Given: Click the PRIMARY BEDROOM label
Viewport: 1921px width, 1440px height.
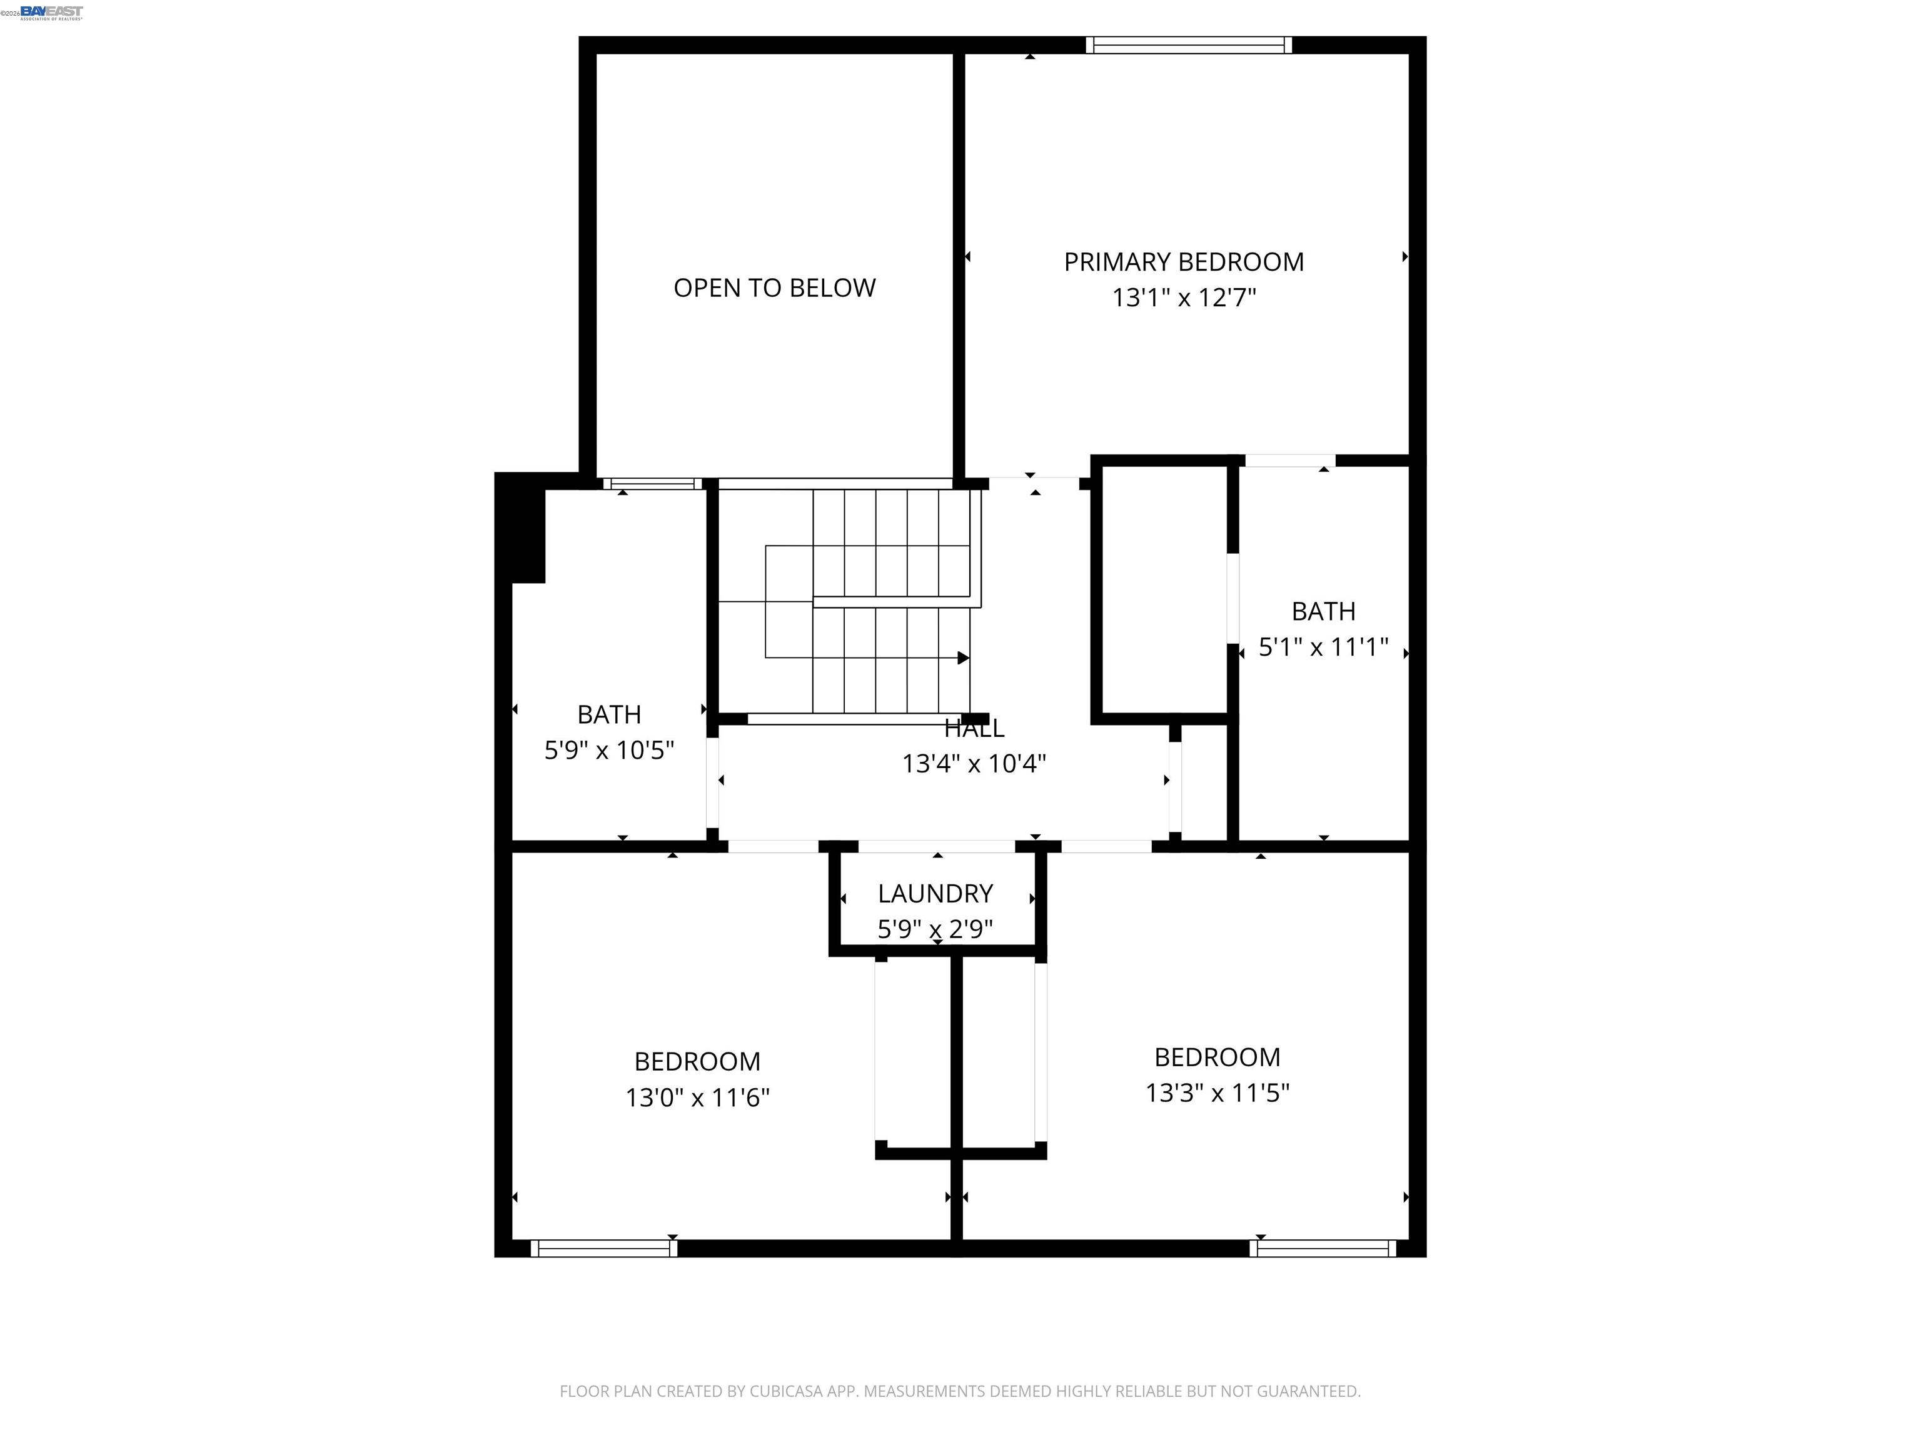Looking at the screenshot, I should [x=1184, y=261].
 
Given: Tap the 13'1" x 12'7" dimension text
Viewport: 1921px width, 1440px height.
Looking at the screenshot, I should [x=1184, y=297].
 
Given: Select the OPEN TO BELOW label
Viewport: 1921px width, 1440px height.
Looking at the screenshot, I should [x=775, y=287].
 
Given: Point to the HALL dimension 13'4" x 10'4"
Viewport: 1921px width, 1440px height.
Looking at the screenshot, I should [x=974, y=764].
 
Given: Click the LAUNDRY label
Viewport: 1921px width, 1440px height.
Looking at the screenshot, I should [x=935, y=893].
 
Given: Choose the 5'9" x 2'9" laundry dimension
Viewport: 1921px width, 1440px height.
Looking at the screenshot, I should [x=935, y=929].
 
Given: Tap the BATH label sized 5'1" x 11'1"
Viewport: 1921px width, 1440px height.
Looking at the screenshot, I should [x=1323, y=611].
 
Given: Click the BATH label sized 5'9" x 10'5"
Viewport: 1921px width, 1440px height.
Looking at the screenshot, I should [x=609, y=714].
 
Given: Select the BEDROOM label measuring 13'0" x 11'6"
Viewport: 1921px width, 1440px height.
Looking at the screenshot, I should [x=697, y=1061].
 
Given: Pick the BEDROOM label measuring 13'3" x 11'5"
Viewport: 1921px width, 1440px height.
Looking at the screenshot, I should [x=1217, y=1057].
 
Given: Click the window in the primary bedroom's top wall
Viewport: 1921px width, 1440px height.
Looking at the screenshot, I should [x=1188, y=45].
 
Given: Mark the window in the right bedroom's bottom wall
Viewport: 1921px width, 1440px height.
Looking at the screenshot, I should [x=1323, y=1248].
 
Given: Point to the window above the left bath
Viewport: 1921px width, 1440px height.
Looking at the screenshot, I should [x=653, y=484].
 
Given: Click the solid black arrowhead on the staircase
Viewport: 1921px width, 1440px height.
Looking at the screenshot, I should [x=963, y=658].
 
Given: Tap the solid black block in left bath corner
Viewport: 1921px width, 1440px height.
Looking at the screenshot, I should [x=521, y=529].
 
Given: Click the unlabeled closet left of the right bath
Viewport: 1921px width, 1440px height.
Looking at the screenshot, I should [x=1164, y=590].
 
